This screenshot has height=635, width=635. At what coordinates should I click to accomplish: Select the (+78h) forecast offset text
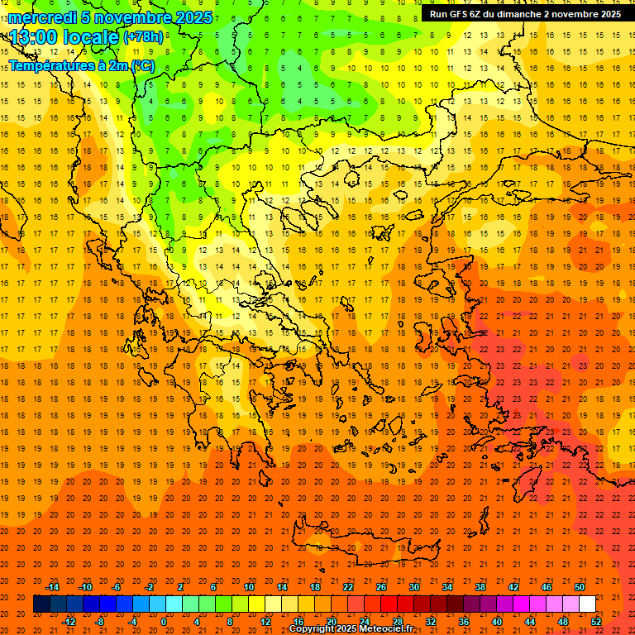tap(142, 37)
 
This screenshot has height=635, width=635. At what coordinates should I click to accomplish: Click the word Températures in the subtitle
tap(49, 64)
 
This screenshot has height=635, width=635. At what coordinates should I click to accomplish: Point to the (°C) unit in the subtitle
tap(142, 64)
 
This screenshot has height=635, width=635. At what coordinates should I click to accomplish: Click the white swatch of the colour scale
tap(587, 604)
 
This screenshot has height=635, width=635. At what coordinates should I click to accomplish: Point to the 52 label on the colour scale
tap(596, 621)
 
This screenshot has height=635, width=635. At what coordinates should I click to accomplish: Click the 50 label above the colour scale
tap(580, 587)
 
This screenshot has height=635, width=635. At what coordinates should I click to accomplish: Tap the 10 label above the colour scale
tap(249, 587)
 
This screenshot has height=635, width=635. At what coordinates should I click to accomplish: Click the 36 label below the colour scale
tap(464, 621)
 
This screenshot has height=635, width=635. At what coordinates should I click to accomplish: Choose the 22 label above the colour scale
tap(348, 587)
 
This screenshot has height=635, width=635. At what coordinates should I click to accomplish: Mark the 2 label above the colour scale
tap(180, 587)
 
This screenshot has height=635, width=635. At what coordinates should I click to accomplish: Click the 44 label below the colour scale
tap(530, 621)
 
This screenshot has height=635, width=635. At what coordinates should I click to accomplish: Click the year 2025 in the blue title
tap(192, 17)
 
